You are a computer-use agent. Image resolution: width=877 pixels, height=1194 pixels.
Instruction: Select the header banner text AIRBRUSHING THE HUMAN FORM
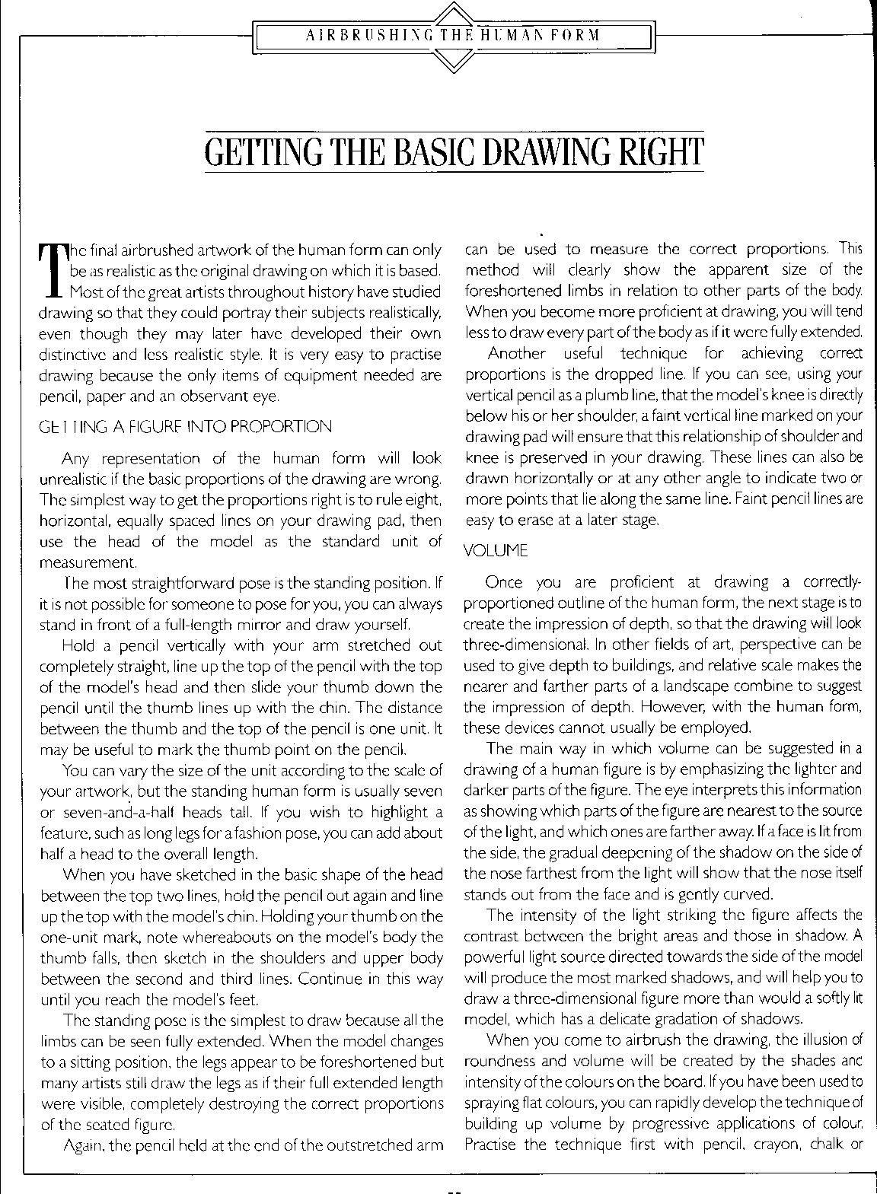click(452, 35)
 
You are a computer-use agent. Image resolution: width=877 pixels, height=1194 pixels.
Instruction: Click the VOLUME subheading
click(496, 549)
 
